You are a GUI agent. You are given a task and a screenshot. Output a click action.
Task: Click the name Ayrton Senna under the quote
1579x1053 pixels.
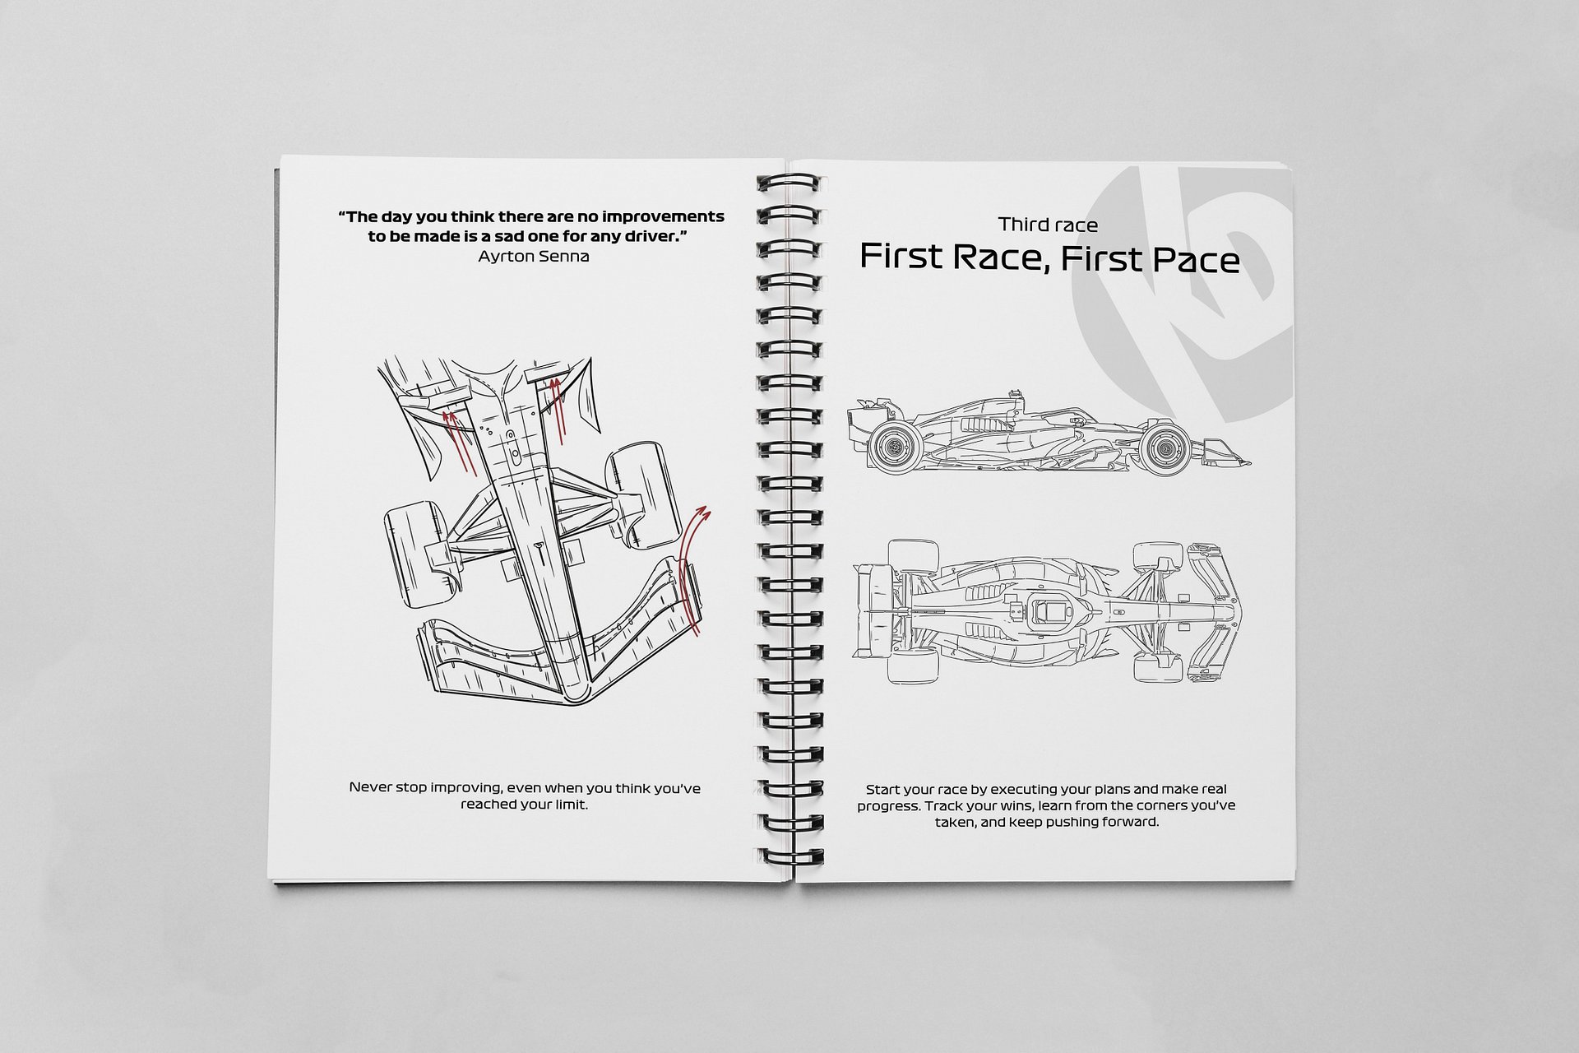tap(533, 257)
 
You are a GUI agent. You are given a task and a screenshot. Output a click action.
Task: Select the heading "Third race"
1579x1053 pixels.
tap(1048, 225)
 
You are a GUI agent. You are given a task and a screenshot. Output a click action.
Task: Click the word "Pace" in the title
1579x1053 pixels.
tap(1197, 259)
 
